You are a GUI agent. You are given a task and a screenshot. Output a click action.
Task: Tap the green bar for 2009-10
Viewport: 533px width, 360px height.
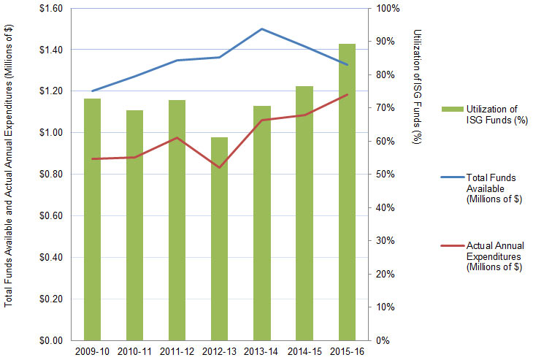[92, 219]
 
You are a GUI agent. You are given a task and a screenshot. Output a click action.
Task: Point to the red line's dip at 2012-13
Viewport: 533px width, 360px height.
[219, 168]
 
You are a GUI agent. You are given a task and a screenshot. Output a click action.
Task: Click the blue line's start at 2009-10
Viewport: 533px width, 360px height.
[92, 91]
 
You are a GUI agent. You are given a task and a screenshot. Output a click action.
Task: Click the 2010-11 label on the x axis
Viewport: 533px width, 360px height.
[134, 351]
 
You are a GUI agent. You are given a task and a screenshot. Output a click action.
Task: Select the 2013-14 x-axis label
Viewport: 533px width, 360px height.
[261, 351]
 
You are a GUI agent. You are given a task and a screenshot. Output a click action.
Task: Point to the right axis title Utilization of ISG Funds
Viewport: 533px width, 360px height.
[417, 88]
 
